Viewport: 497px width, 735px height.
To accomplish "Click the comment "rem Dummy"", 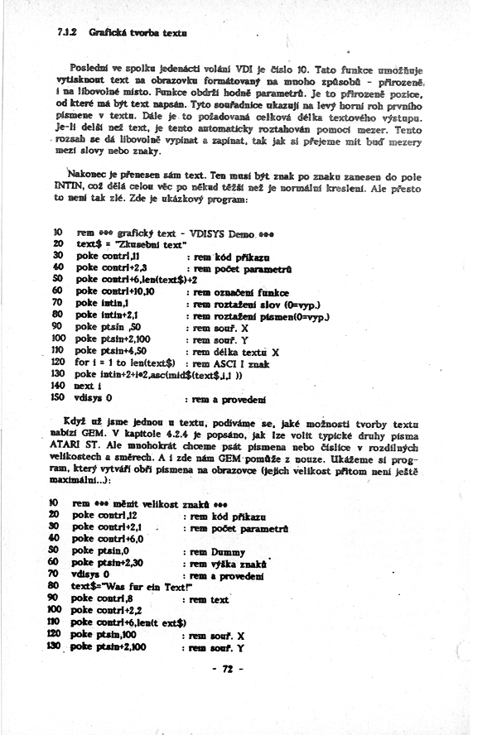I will [217, 551].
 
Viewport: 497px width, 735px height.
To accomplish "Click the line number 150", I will [60, 397].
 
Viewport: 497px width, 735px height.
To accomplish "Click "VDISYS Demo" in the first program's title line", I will [214, 234].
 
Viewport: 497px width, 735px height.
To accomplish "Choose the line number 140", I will [60, 386].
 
